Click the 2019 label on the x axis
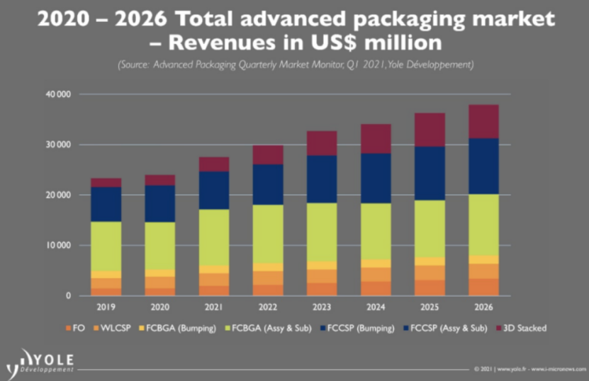point(105,308)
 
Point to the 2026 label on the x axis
point(483,308)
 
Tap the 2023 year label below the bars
point(321,308)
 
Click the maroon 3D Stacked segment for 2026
point(483,121)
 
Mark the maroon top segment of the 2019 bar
point(106,182)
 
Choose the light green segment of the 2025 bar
point(429,228)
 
